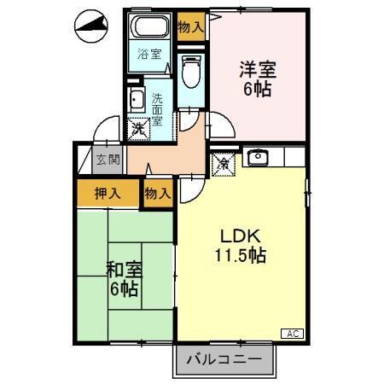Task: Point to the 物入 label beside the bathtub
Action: pos(191,27)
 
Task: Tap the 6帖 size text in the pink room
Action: pos(257,89)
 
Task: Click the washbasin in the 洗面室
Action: pos(137,101)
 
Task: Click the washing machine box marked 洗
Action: pos(137,129)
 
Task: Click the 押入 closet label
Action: pos(107,193)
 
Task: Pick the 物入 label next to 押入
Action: pos(158,193)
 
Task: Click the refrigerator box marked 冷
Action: pos(220,162)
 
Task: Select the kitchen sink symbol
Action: pos(256,157)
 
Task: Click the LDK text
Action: pos(241,235)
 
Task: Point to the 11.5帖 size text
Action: pos(241,254)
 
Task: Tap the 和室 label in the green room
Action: pos(124,270)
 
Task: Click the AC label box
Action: pos(291,333)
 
